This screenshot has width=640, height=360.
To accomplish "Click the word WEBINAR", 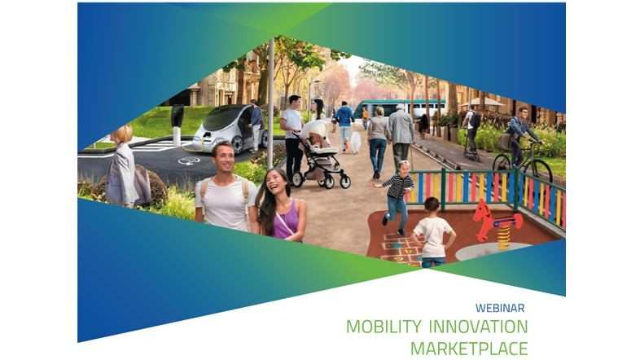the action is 500,308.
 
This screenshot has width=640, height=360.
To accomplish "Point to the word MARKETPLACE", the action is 469,349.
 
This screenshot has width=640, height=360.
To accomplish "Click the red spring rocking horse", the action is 495,221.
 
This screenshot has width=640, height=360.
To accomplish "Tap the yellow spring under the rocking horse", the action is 504,237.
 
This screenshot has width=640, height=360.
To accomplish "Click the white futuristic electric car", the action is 229,128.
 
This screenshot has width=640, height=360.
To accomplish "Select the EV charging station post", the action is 177,125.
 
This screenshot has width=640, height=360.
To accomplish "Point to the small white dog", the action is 356,143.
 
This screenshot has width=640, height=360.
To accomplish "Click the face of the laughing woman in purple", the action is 276,185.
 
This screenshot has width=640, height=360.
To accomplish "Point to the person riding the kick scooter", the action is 471,130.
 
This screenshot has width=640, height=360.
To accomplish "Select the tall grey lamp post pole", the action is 270,104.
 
